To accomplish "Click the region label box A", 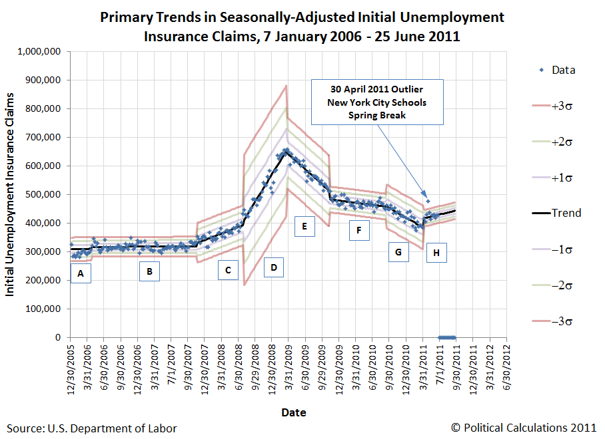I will (81, 273).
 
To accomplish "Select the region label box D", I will (273, 267).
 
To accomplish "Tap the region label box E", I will (304, 227).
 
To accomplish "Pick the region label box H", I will (436, 253).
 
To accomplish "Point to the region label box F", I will (359, 230).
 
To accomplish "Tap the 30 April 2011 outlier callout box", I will (376, 102).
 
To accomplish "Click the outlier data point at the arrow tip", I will (428, 200).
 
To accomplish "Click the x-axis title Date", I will (293, 412).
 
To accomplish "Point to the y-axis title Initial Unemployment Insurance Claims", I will (11, 194).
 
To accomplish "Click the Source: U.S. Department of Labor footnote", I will (92, 428).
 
